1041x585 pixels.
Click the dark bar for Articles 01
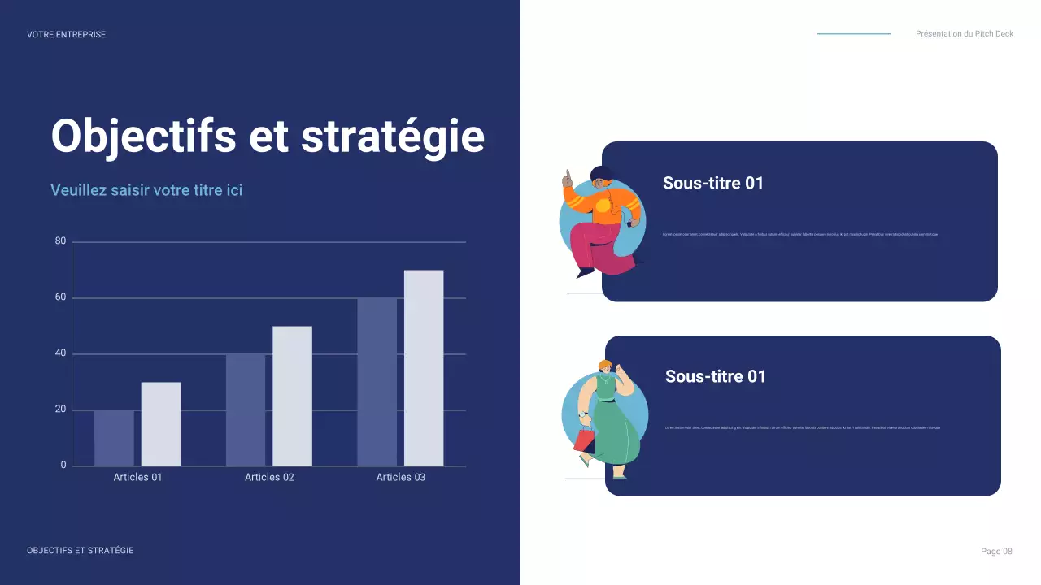114,438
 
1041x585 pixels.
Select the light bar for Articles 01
161,424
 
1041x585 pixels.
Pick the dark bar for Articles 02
246,410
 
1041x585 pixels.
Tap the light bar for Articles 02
292,396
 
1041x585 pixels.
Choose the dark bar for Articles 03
377,382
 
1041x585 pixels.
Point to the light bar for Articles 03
424,368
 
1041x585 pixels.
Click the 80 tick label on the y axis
60,241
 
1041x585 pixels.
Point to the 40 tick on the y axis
60,354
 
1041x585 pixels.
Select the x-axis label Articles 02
269,477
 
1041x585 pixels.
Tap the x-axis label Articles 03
400,477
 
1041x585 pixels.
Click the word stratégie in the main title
393,136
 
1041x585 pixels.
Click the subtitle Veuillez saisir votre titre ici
146,190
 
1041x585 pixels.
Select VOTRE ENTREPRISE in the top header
66,35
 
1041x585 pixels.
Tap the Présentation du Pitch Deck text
965,34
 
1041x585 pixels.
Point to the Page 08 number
996,552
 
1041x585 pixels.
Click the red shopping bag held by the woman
584,440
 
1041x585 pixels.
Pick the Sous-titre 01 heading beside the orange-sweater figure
713,183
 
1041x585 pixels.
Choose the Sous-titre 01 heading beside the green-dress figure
716,376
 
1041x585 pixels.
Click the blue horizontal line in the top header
854,34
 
